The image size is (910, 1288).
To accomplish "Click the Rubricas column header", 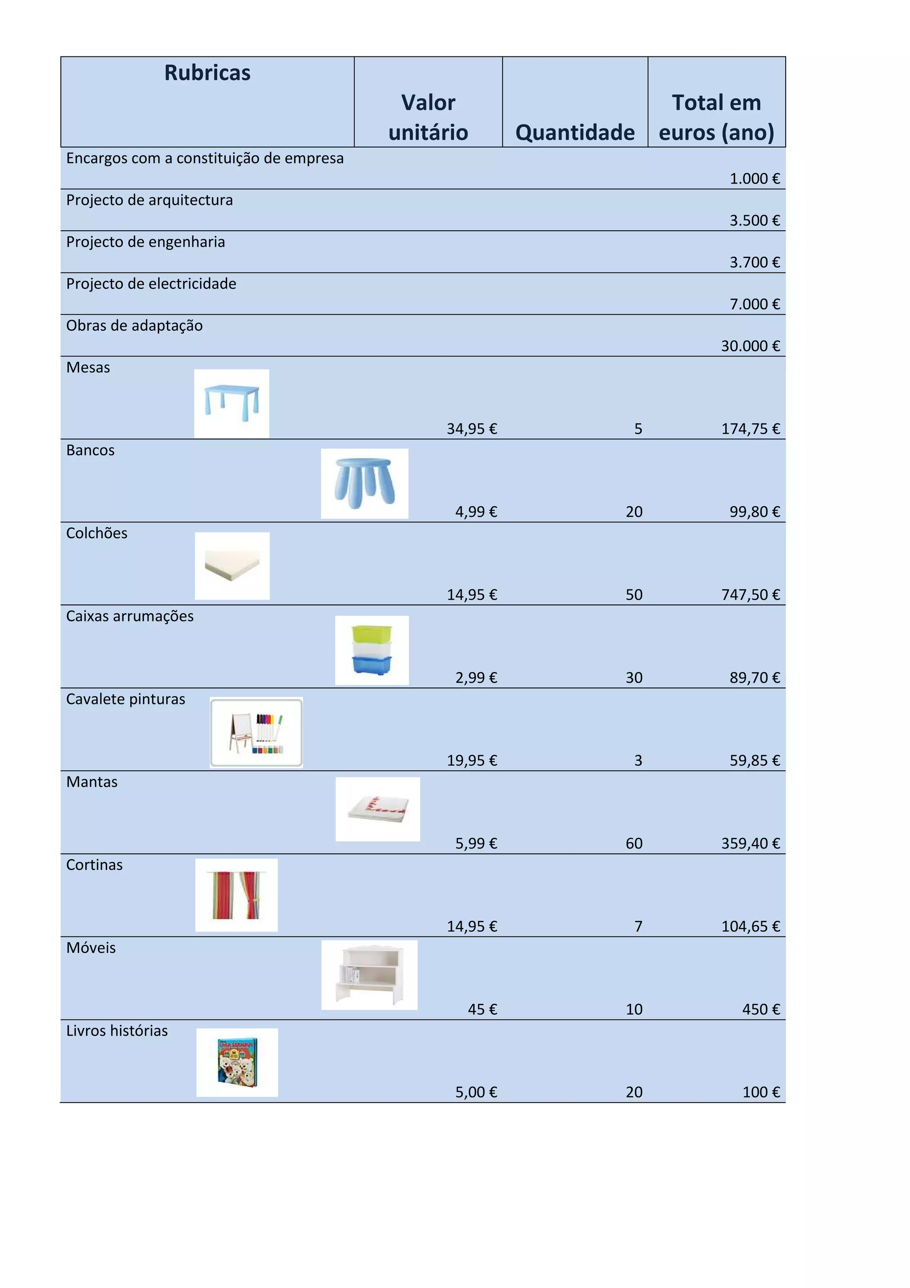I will click(207, 73).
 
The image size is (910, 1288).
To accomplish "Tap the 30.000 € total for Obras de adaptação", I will click(750, 346).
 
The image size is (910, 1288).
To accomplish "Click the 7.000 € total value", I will click(754, 304).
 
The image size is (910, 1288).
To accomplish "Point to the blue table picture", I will click(231, 404).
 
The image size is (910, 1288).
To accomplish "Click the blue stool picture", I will click(364, 483).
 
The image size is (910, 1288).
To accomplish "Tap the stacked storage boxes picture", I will click(372, 650).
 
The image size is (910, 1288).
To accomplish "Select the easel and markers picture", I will click(256, 732).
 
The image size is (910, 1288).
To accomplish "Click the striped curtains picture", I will click(236, 895).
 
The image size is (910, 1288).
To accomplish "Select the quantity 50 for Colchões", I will click(634, 595).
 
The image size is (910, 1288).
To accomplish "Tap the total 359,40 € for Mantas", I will click(750, 843).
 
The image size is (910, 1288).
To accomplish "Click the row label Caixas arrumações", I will click(129, 616).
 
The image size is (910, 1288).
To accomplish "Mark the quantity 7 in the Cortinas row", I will click(638, 926).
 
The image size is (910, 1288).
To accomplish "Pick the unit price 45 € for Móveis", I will click(482, 1009).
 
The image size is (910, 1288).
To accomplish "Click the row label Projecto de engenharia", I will click(145, 242).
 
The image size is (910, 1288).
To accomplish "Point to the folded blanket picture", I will click(377, 809).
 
